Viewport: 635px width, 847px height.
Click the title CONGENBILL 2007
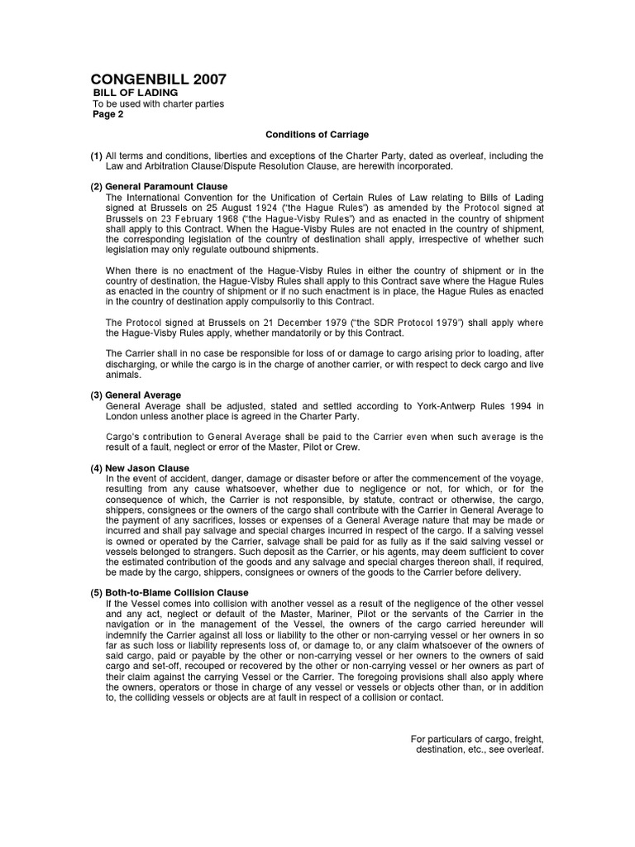pyautogui.click(x=158, y=79)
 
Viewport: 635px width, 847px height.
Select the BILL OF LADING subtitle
pyautogui.click(x=134, y=93)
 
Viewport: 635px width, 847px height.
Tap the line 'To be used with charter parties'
pyautogui.click(x=157, y=103)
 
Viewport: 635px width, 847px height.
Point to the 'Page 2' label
pyautogui.click(x=107, y=114)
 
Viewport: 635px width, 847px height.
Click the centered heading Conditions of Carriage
pyautogui.click(x=317, y=134)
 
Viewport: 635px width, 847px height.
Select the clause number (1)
pyautogui.click(x=96, y=156)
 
